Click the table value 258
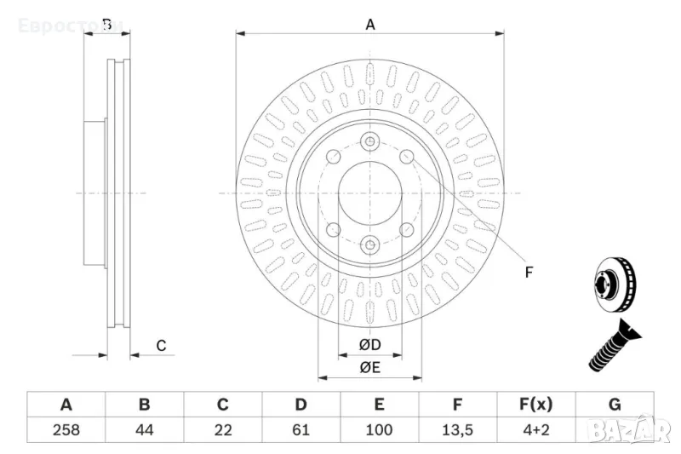pyautogui.click(x=66, y=430)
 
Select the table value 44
pyautogui.click(x=145, y=430)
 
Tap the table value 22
pyautogui.click(x=223, y=430)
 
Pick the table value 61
pyautogui.click(x=300, y=430)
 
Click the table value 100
pyautogui.click(x=379, y=430)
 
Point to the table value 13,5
pyautogui.click(x=457, y=430)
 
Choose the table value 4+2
pyautogui.click(x=535, y=430)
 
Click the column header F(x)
pyautogui.click(x=535, y=405)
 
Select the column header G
pyautogui.click(x=614, y=405)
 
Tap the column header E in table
pyautogui.click(x=379, y=405)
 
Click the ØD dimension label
pyautogui.click(x=369, y=345)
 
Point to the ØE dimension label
pyautogui.click(x=369, y=368)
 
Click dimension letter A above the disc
pyautogui.click(x=370, y=25)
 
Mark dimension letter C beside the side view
pyautogui.click(x=160, y=345)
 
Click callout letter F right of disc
pyautogui.click(x=528, y=273)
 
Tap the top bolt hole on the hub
pyautogui.click(x=370, y=141)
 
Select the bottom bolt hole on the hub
pyautogui.click(x=370, y=245)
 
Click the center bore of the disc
pyautogui.click(x=370, y=193)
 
